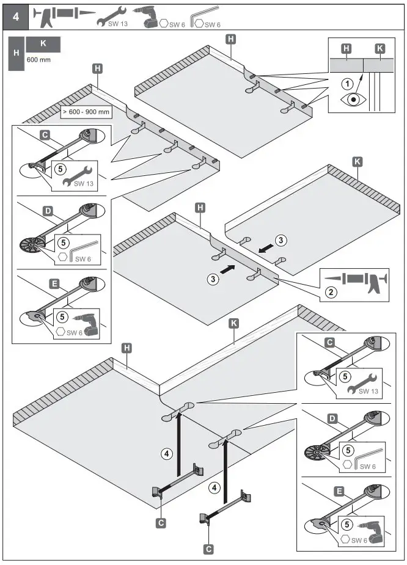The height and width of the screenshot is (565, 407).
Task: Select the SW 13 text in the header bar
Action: pos(111,24)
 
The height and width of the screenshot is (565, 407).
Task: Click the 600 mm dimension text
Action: pos(38,60)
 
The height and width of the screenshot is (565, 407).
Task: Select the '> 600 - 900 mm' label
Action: pos(86,112)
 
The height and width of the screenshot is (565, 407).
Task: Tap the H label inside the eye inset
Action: pos(346,48)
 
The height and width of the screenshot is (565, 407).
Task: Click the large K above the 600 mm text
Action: pos(43,44)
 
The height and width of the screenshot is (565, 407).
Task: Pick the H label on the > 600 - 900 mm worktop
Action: pos(97,68)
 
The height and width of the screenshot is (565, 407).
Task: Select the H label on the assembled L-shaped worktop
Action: pos(127,348)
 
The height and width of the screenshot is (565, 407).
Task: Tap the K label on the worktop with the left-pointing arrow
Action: pos(358,162)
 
